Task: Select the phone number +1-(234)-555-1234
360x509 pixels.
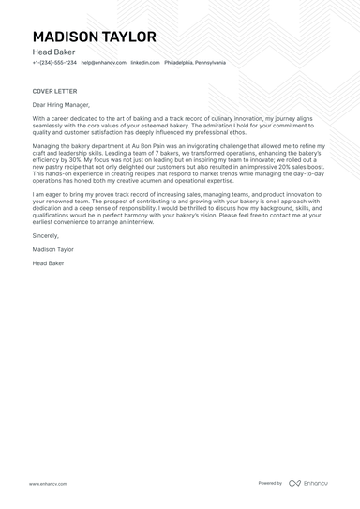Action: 54,63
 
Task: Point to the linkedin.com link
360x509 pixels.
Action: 144,63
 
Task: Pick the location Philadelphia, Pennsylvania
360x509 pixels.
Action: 195,63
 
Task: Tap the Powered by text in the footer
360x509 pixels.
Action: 270,483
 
